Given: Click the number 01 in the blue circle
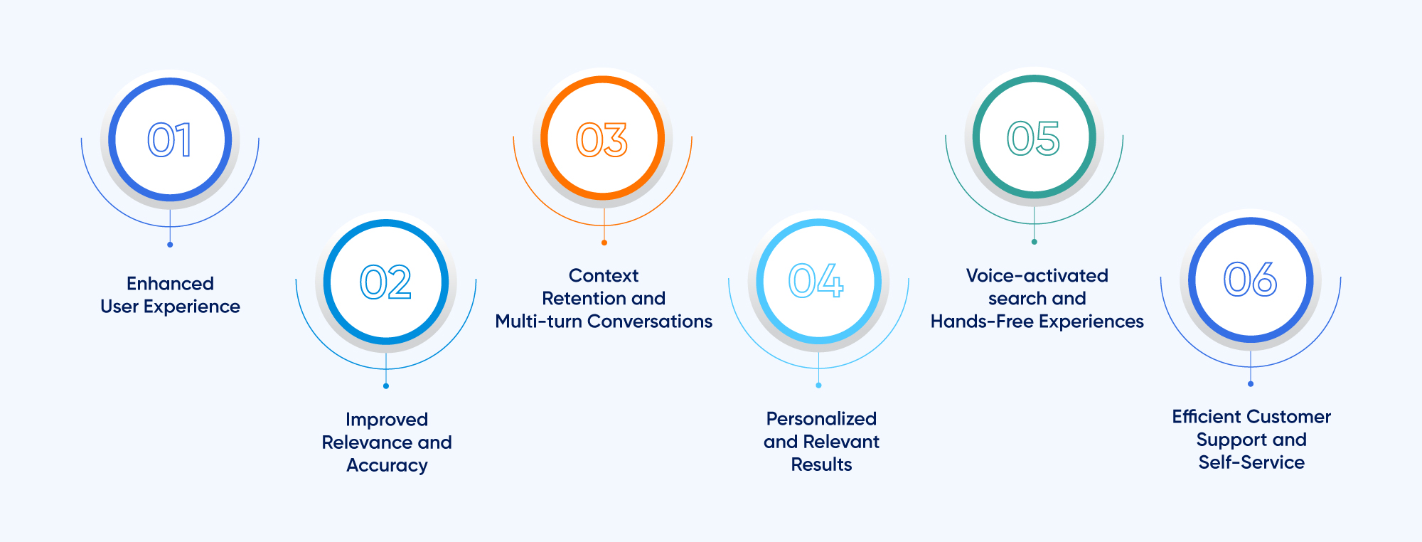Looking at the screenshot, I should pos(170,139).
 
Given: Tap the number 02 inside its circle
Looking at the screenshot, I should pos(385,282).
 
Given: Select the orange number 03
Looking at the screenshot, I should pos(602,139).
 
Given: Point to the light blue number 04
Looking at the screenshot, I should pos(817,281).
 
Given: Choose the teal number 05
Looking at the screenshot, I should pos(1034,138).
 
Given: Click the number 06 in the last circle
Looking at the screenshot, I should pos(1250,279).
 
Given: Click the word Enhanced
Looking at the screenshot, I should pos(170,284).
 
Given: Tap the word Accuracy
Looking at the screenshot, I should pos(387,465).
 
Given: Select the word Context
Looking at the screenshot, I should pos(604,275).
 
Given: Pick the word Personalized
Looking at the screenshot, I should pos(821,419).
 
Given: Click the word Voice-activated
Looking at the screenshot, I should pos(1037,275).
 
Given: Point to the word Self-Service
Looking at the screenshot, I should pos(1251,462).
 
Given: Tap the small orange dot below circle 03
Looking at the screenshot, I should pos(604,243).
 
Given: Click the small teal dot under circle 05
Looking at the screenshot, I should pos(1035,242).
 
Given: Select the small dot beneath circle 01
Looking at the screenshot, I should pos(170,245).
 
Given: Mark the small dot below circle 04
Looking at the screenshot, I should pos(819,386).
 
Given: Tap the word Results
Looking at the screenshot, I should pos(821,464).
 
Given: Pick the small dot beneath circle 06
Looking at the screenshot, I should pos(1251,384).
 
